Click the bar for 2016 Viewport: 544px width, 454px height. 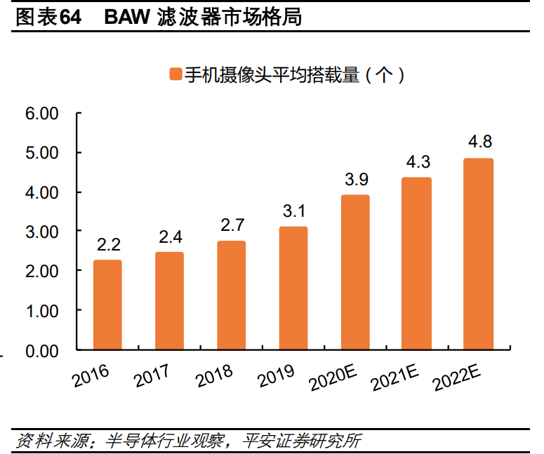107,305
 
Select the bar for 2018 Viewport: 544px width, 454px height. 231,295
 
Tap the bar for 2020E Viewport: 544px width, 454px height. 355,272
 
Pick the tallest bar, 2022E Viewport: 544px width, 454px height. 479,254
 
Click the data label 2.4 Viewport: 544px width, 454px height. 169,236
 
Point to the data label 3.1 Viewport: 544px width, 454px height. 293,211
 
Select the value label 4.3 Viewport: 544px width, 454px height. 417,162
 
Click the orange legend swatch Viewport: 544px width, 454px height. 175,74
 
